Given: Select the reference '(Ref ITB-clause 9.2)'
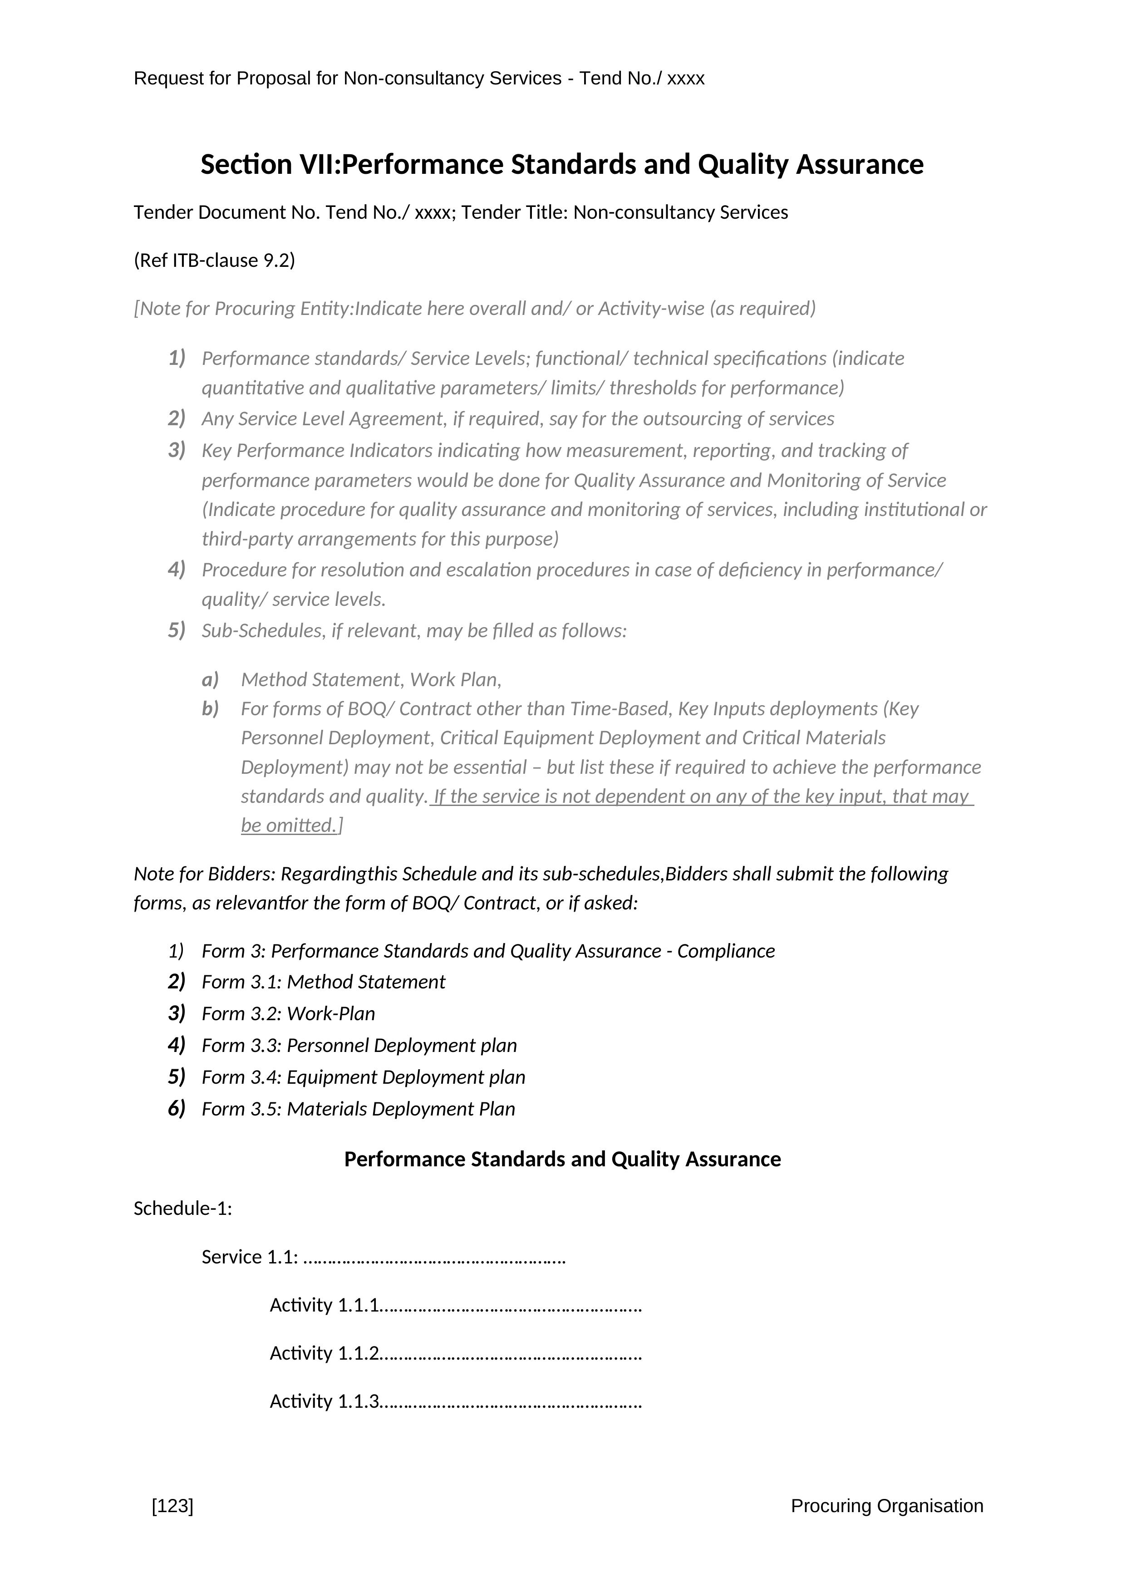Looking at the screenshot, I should click(214, 260).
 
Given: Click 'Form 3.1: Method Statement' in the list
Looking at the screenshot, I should click(323, 982).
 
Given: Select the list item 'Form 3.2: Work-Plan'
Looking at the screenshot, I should click(289, 1014).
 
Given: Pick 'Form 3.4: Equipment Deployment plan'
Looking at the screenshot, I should click(364, 1077).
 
